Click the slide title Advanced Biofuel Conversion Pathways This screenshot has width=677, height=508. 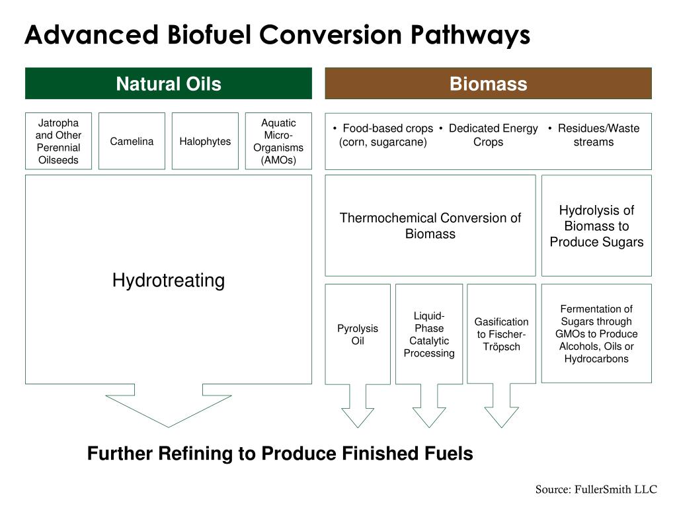coord(277,35)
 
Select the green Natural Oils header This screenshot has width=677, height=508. coord(169,84)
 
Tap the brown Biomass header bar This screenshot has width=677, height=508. coord(488,84)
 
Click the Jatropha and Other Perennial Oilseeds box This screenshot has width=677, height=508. coord(58,142)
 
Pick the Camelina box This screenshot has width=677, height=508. coord(132,142)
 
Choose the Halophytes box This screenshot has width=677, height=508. coord(205,142)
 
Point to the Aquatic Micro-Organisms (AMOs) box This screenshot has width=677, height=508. coord(278,142)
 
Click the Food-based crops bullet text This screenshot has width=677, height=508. coord(383,135)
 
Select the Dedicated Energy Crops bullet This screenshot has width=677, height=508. coord(489,135)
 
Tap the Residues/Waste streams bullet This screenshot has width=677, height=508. coord(594,135)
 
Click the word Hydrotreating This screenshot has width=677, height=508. coord(169,280)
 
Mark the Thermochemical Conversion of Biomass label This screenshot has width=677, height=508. coord(430,226)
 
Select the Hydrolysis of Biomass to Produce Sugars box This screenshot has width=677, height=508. coord(596,226)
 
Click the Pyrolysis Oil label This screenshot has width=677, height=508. coord(358,335)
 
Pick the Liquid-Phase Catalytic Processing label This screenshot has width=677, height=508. coord(429,335)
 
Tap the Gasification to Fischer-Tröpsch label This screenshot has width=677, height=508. coord(501,334)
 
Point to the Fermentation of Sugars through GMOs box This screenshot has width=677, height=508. coord(596,334)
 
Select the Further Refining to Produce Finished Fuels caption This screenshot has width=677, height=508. coord(280,454)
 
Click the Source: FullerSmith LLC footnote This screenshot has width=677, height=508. coord(596,489)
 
